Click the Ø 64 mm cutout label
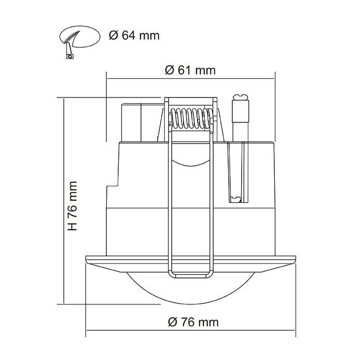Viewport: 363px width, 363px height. [134, 36]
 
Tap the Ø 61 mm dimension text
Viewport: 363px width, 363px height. [190, 71]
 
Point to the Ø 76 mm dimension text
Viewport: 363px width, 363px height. [193, 322]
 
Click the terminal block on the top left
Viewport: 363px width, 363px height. [132, 122]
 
